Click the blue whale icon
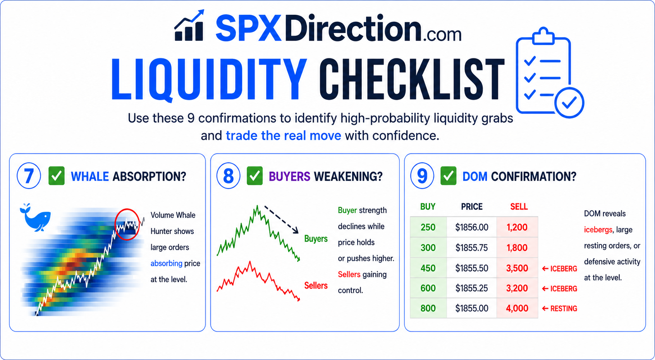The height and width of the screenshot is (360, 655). pyautogui.click(x=35, y=218)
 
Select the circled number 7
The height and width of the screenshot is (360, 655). pyautogui.click(x=29, y=176)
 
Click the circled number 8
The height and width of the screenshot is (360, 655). pyautogui.click(x=229, y=176)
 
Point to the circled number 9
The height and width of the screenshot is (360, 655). pyautogui.click(x=422, y=176)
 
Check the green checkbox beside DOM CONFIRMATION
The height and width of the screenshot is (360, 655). pyautogui.click(x=448, y=176)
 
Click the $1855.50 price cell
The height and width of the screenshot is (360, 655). pyautogui.click(x=472, y=268)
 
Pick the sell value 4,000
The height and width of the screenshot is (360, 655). pyautogui.click(x=517, y=308)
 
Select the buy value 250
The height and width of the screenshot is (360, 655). pyautogui.click(x=428, y=227)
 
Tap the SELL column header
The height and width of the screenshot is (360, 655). pyautogui.click(x=519, y=207)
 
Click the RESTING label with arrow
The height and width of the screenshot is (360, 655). pyautogui.click(x=560, y=309)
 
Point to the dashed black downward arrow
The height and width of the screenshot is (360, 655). pyautogui.click(x=281, y=219)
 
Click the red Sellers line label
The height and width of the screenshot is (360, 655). pyautogui.click(x=316, y=286)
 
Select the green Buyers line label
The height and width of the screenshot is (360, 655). pyautogui.click(x=316, y=239)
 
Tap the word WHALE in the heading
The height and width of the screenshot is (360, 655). pyautogui.click(x=90, y=177)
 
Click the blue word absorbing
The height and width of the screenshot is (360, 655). pyautogui.click(x=167, y=264)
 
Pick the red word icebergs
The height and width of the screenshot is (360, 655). pyautogui.click(x=598, y=230)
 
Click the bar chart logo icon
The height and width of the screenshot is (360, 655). pyautogui.click(x=189, y=26)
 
